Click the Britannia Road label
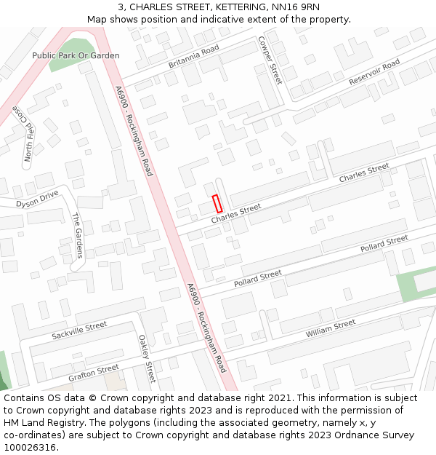click(x=193, y=57)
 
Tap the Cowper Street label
click(x=270, y=61)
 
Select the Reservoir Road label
click(x=374, y=71)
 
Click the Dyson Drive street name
click(x=37, y=199)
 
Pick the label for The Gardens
click(x=78, y=236)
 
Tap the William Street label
click(x=331, y=328)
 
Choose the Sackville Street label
click(x=79, y=331)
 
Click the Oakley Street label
click(x=147, y=358)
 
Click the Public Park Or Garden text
click(x=76, y=55)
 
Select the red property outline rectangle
click(x=217, y=204)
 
